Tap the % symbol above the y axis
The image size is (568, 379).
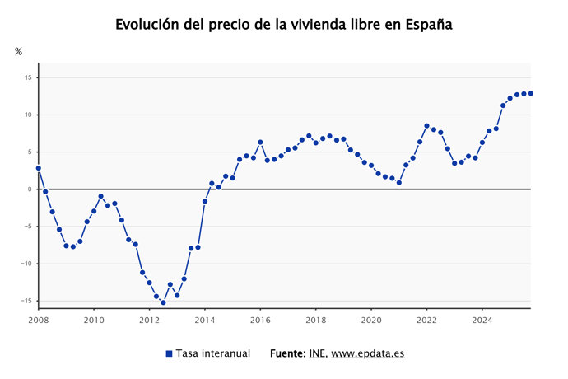(19, 52)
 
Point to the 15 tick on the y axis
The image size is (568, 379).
(27, 77)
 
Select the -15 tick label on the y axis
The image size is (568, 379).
(26, 302)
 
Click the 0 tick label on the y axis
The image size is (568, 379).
(29, 189)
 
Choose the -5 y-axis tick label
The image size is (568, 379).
(27, 227)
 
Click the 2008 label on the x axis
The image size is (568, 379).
(39, 320)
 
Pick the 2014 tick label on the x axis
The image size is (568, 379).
(205, 320)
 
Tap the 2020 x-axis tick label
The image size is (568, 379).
(371, 320)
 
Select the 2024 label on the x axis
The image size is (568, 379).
(482, 320)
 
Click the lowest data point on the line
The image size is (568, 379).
(163, 302)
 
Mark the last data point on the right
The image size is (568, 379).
(531, 93)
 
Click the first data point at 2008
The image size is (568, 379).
(39, 168)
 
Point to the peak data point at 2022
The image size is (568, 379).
(426, 126)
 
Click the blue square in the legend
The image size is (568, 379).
(169, 353)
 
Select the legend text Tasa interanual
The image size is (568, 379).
(213, 353)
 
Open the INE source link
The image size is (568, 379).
(317, 353)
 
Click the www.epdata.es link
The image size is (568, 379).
(368, 353)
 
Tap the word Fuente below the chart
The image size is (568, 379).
(287, 353)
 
